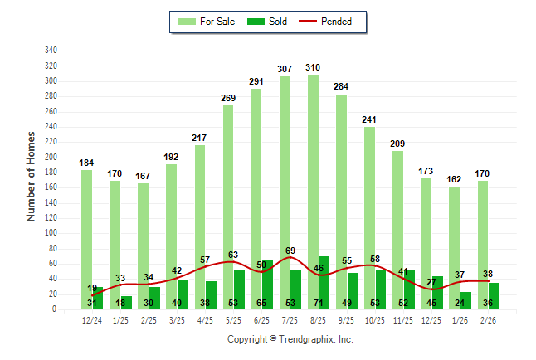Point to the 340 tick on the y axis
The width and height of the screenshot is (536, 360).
pyautogui.click(x=51, y=51)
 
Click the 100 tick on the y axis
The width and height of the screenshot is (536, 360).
pyautogui.click(x=51, y=233)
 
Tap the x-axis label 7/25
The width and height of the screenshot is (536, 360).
pyautogui.click(x=290, y=320)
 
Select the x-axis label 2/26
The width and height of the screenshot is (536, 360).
pyautogui.click(x=488, y=320)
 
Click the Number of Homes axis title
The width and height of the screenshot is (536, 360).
pyautogui.click(x=32, y=175)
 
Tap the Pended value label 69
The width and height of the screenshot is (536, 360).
pyautogui.click(x=290, y=250)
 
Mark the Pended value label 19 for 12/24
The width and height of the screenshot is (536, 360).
pyautogui.click(x=92, y=289)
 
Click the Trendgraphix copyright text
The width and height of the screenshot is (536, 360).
pyautogui.click(x=290, y=339)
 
